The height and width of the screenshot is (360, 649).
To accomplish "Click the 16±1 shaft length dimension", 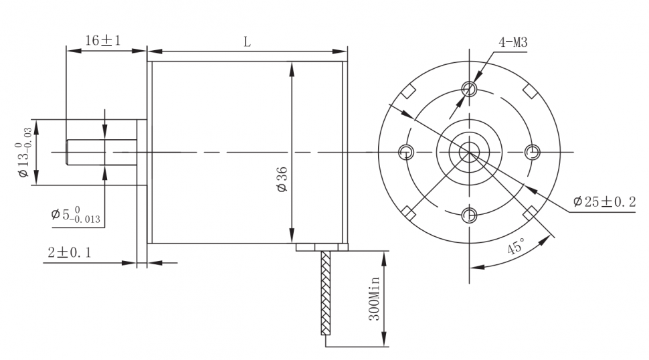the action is (102, 41).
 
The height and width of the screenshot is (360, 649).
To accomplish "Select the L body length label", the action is (247, 42).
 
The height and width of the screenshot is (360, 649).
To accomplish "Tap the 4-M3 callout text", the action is (513, 42).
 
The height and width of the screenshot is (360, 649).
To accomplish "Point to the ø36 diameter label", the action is (282, 179).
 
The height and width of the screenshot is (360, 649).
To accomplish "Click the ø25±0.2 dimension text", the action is (604, 202).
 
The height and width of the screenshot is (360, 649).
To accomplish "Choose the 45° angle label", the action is (516, 247).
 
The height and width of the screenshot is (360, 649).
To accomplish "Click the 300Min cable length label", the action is (374, 298).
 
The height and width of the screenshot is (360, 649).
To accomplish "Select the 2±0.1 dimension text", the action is (70, 252).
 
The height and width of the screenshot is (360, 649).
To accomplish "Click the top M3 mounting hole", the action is (470, 88).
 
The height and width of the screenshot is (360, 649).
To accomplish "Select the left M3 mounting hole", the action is (406, 153).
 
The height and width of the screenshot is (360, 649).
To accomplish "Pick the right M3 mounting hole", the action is (533, 153).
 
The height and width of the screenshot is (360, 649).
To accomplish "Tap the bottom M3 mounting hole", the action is (470, 215).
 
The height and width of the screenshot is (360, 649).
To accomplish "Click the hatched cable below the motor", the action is (326, 293).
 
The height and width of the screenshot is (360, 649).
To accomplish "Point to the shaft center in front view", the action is (470, 153).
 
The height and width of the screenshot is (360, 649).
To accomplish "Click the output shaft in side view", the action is (102, 153).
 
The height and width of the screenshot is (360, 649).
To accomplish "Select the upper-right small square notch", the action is (531, 92).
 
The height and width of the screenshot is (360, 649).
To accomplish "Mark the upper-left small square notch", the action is (408, 92).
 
